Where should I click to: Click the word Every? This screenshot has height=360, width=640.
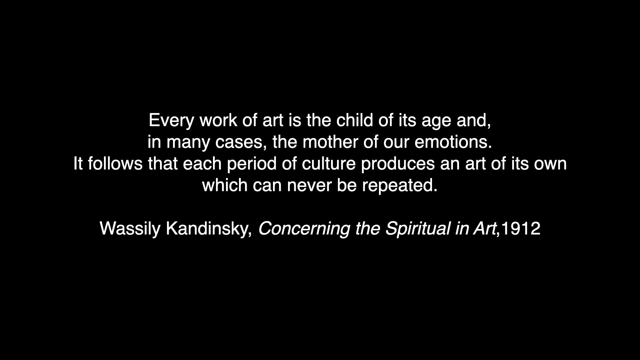[171, 121]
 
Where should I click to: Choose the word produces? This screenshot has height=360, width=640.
[398, 165]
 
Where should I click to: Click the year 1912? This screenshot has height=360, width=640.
[520, 229]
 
